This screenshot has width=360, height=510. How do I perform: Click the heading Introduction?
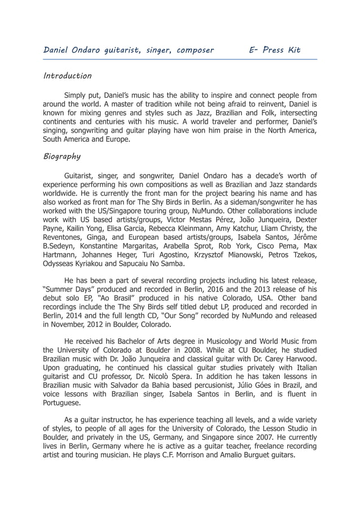67,76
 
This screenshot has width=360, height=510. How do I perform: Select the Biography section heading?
62,156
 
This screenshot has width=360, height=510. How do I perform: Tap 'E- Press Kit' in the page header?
275,50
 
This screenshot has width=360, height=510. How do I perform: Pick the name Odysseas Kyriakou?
81,263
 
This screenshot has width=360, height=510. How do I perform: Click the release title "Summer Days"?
69,290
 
